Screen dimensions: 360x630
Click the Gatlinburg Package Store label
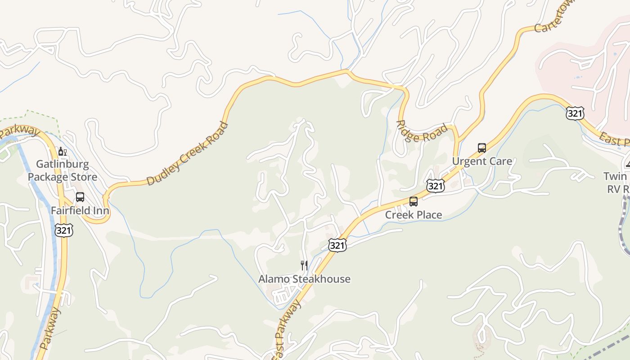click(62, 171)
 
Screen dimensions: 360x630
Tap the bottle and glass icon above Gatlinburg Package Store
click(62, 151)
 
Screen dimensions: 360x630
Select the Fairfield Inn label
click(80, 211)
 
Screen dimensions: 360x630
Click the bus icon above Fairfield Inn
click(80, 197)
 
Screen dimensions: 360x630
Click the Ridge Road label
click(422, 132)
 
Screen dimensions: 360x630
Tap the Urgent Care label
click(481, 162)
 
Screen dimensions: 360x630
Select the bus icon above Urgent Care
click(481, 148)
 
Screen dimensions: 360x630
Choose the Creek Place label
click(413, 215)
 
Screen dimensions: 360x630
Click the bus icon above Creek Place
click(413, 202)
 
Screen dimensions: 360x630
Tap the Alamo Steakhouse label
click(304, 279)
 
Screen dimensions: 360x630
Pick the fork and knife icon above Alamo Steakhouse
click(304, 265)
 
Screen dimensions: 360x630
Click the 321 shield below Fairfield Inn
click(63, 230)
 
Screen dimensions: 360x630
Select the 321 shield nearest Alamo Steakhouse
click(337, 245)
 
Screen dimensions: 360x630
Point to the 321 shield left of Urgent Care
click(436, 185)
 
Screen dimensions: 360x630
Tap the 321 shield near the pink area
click(575, 113)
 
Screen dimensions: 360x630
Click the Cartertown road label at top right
click(552, 22)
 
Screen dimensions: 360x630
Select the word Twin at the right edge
click(615, 176)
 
